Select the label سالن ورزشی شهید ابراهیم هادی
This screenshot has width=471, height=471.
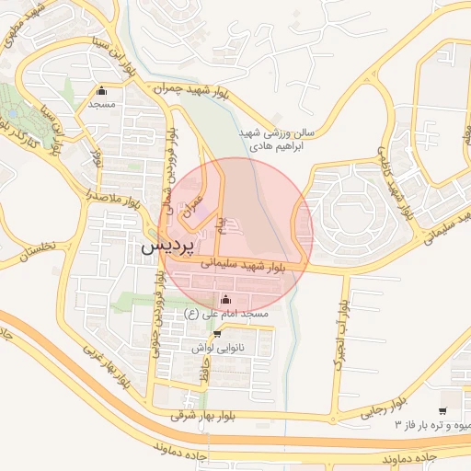click(275, 139)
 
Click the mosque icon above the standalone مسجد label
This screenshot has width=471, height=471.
click(101, 91)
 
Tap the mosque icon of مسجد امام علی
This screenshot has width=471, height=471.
click(225, 299)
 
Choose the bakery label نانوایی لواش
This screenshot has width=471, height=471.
click(216, 349)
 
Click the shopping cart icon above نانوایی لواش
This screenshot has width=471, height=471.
click(217, 334)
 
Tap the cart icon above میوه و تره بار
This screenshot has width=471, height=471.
click(443, 410)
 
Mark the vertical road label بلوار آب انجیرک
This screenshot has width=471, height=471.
click(341, 336)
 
